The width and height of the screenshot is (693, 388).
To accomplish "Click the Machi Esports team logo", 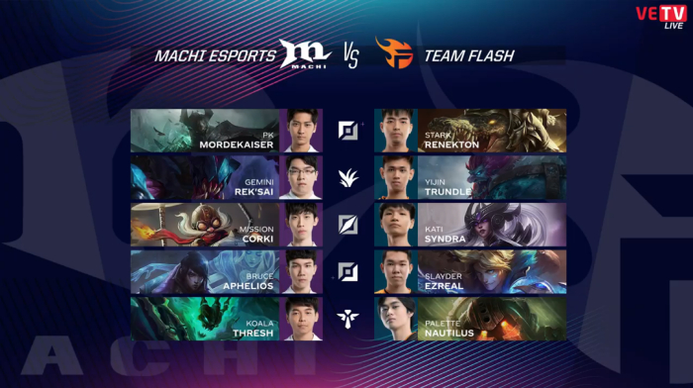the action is click(305, 53).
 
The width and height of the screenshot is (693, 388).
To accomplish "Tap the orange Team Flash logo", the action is click(394, 52).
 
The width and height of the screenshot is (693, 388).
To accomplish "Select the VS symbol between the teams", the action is click(350, 56).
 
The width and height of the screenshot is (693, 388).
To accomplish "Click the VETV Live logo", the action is click(661, 17).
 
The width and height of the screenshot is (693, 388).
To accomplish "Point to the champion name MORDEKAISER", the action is click(236, 145).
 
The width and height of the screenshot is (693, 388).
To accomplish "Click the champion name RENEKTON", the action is click(451, 145).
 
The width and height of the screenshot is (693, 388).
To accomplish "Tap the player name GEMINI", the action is click(259, 182).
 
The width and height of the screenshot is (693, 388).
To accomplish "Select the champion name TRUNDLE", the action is click(447, 192).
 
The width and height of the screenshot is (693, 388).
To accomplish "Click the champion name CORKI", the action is click(257, 240).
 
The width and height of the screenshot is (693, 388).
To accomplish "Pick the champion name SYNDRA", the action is click(445, 240).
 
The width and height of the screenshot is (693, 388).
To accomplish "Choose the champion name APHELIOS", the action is click(247, 286).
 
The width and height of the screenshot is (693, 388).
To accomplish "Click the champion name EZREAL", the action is click(445, 286).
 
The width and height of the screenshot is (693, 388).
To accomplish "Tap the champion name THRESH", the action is click(253, 334).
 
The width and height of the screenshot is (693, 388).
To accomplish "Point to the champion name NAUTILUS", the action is click(449, 334).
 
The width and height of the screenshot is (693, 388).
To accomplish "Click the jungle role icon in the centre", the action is click(348, 178).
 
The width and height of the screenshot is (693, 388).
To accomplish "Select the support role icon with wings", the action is click(347, 318).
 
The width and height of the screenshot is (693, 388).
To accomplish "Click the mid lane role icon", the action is click(348, 225).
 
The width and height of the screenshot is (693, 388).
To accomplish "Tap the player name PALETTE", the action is click(443, 324).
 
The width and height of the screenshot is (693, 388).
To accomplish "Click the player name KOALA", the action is click(259, 324).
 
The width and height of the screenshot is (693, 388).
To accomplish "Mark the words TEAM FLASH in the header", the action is click(469, 56).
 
